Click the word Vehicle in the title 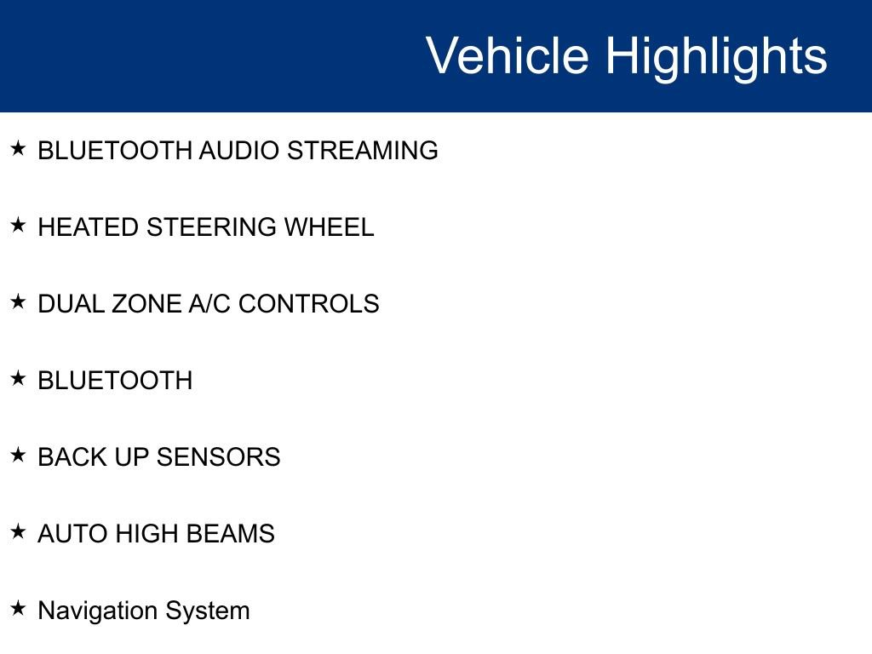coord(507,56)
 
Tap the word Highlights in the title coord(716,56)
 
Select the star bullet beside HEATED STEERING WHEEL coord(19,226)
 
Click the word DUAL coord(72,304)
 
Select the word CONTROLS coord(308,304)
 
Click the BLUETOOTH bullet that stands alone coord(115,381)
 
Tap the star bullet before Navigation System coord(19,609)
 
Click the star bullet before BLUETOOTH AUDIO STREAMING coord(19,149)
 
